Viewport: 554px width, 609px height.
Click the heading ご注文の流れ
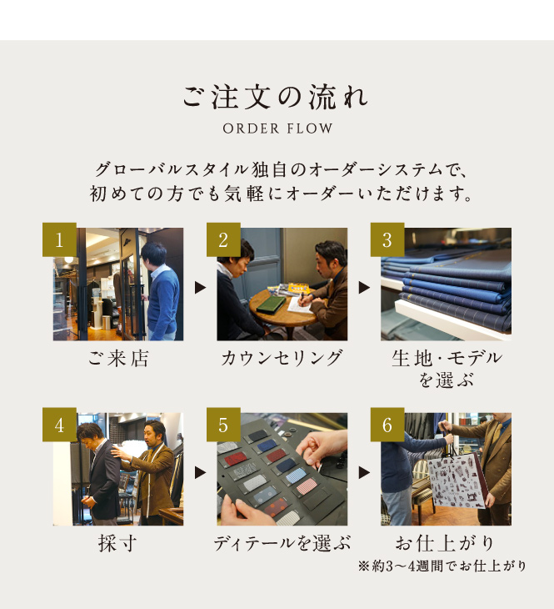point(275,97)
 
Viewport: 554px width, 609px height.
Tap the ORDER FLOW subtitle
point(277,128)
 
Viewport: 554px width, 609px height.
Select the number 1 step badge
point(59,239)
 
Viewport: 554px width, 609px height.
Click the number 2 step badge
point(223,239)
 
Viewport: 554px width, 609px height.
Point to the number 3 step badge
point(387,239)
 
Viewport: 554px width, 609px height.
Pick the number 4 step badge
point(59,425)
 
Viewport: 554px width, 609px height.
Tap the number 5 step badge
point(223,425)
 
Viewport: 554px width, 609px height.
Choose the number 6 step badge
point(387,425)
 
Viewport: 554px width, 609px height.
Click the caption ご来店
point(118,358)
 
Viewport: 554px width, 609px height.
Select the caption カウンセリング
point(282,358)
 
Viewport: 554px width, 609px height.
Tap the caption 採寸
point(118,543)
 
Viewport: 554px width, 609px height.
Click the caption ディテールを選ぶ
point(282,543)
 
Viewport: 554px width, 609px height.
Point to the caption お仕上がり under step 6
point(445,543)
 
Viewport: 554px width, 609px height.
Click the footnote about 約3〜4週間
point(442,566)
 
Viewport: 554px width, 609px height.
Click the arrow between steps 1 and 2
point(200,288)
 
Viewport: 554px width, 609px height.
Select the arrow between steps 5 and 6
point(364,473)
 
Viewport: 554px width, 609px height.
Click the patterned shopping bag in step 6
point(457,481)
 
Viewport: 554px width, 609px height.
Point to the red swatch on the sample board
point(236,459)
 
